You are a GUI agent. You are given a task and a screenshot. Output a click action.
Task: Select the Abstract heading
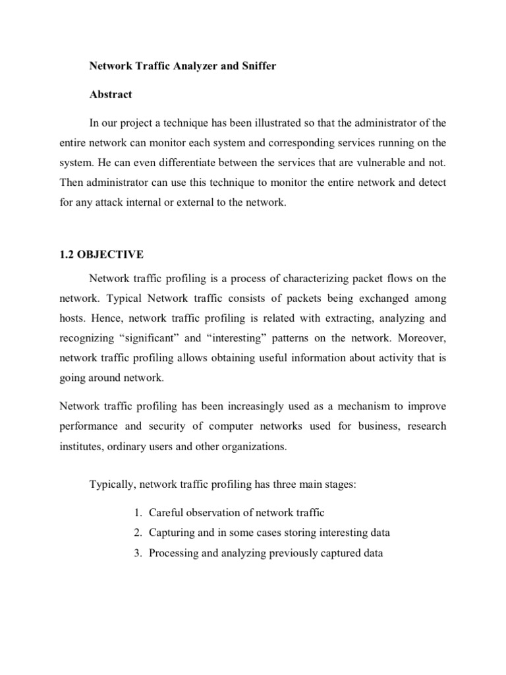pyautogui.click(x=111, y=94)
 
